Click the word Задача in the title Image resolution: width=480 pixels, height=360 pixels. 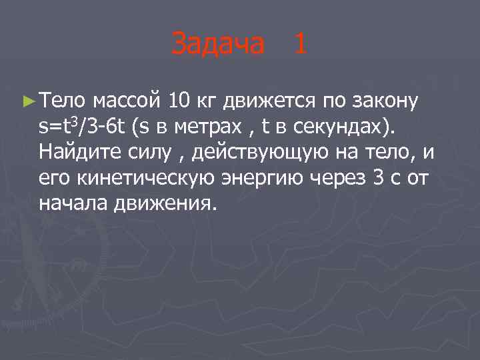[x=217, y=45]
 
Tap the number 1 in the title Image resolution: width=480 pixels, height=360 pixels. [x=299, y=45]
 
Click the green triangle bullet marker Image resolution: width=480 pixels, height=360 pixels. [x=27, y=101]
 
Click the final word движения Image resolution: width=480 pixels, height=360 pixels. [x=160, y=204]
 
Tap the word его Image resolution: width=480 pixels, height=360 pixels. [x=53, y=179]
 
